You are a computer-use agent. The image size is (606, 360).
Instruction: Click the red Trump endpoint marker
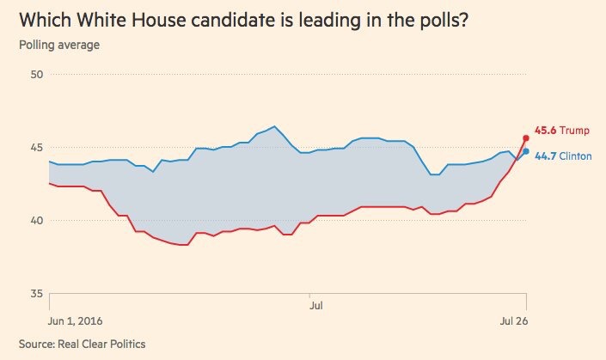(x=526, y=137)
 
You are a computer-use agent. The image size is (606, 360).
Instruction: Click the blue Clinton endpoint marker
(x=526, y=151)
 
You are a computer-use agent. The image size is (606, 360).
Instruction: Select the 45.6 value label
(x=546, y=131)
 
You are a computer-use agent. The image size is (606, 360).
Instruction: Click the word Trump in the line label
(x=576, y=131)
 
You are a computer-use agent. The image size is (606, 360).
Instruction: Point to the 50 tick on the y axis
(x=37, y=75)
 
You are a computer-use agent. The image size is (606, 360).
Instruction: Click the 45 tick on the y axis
(x=37, y=148)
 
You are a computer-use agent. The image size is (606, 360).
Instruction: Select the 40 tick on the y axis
(x=37, y=221)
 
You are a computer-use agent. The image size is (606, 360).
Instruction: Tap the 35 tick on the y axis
(x=37, y=294)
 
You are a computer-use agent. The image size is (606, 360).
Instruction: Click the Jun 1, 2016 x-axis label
(x=74, y=320)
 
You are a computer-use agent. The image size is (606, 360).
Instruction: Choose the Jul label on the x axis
(x=315, y=305)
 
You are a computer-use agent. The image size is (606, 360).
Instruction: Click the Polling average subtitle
(x=59, y=45)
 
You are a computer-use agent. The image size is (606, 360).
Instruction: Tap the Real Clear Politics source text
(x=101, y=344)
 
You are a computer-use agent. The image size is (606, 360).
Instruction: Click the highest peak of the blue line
(x=274, y=126)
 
